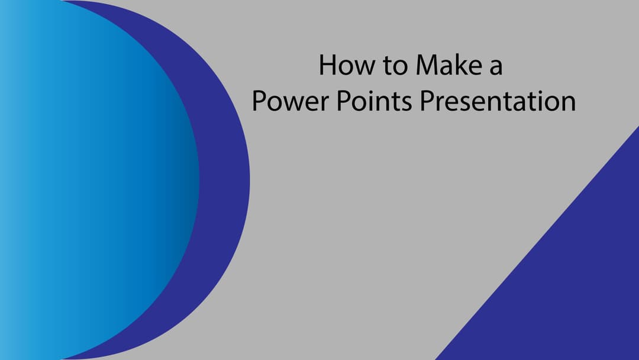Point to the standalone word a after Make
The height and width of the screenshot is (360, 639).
tap(496, 68)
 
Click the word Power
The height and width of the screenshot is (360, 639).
tap(290, 101)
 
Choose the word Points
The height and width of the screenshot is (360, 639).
tap(374, 100)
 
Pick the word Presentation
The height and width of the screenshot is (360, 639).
tap(498, 100)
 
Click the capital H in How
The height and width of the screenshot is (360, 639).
tap(327, 65)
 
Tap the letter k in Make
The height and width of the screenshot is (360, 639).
tap(462, 65)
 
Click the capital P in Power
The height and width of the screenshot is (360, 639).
tap(259, 101)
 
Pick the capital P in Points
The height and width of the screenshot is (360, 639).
tap(344, 101)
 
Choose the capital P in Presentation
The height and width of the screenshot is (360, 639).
tap(428, 101)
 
